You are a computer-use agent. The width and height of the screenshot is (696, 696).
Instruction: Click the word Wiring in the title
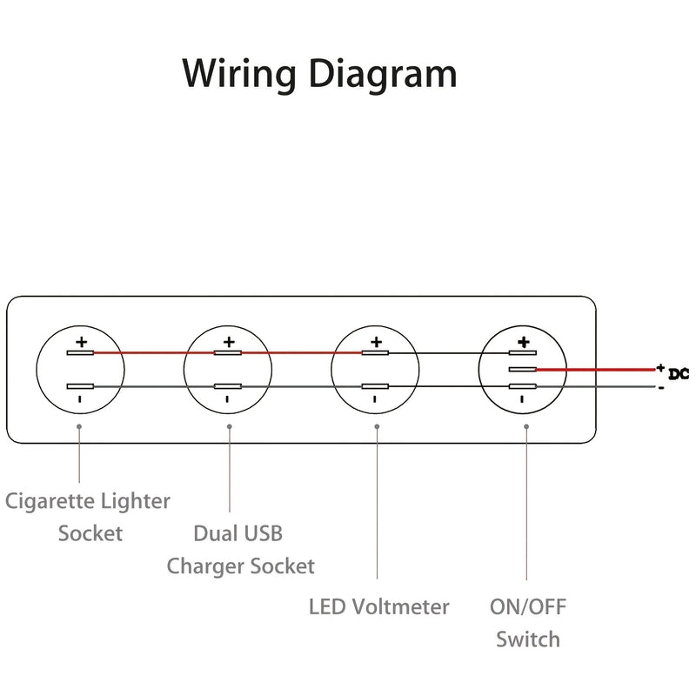[x=238, y=74]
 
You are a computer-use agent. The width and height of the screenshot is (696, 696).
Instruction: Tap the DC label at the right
[x=679, y=375]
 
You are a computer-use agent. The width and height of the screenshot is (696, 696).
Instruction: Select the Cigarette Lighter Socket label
[x=88, y=517]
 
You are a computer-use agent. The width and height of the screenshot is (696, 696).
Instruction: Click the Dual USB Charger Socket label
[x=240, y=549]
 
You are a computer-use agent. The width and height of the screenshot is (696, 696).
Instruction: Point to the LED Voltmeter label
[x=379, y=606]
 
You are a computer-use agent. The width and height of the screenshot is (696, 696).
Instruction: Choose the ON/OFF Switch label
[x=528, y=623]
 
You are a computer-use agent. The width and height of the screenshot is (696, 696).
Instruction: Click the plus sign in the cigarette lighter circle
[x=81, y=342]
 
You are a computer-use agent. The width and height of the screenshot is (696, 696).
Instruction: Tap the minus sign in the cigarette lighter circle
[x=80, y=399]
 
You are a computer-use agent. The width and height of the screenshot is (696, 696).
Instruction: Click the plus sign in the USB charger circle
[x=228, y=342]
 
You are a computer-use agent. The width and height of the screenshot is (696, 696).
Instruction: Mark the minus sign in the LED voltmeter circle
[x=375, y=399]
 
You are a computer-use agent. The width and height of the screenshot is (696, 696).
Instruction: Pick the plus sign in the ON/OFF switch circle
[x=523, y=342]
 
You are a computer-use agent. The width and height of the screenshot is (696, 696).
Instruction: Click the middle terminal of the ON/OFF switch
[x=522, y=370]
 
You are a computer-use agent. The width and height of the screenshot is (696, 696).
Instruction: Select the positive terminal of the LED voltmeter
[x=375, y=353]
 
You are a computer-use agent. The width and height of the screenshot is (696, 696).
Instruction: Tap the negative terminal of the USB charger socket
[x=228, y=386]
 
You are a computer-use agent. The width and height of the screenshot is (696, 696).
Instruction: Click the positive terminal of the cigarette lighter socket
[x=80, y=353]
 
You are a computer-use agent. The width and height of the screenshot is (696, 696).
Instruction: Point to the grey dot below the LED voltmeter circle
[x=377, y=426]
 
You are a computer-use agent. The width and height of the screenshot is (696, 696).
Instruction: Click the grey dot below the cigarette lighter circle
[x=80, y=426]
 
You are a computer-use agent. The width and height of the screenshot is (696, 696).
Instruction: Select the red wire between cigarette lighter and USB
[x=154, y=353]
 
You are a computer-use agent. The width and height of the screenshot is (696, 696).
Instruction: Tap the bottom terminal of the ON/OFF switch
[x=522, y=385]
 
